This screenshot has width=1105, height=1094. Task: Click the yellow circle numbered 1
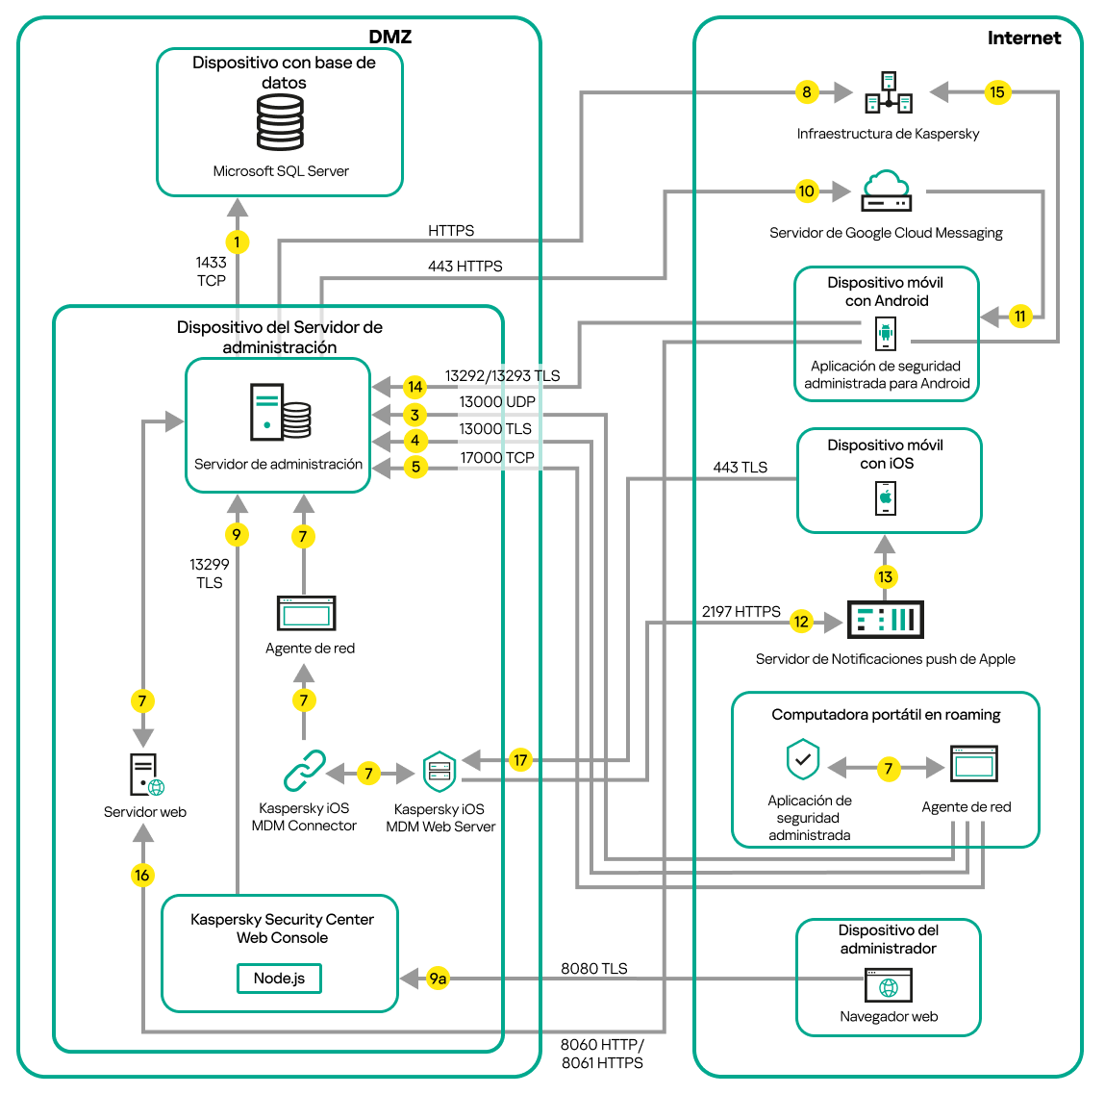click(237, 242)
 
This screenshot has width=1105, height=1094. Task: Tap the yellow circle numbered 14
click(414, 387)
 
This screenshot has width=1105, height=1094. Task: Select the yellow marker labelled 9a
click(438, 979)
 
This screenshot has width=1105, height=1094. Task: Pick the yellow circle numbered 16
click(142, 875)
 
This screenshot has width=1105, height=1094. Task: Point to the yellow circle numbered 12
click(801, 622)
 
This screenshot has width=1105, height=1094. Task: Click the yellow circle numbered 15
click(996, 92)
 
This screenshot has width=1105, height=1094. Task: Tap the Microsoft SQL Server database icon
click(280, 122)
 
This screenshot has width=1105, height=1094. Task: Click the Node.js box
click(279, 978)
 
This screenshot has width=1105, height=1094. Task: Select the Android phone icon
click(886, 334)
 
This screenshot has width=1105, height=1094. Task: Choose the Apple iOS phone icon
click(886, 497)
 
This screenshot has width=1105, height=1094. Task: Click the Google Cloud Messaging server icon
click(886, 191)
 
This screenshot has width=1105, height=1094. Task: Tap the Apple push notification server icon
click(885, 620)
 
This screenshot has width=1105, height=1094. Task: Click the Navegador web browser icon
click(889, 985)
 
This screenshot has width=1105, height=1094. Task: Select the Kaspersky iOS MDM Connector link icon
click(305, 771)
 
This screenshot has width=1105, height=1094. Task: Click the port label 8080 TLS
click(593, 968)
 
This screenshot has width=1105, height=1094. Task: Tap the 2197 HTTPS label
click(741, 611)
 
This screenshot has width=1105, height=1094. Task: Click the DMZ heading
click(389, 37)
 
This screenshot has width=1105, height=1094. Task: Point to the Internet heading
click(1023, 38)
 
